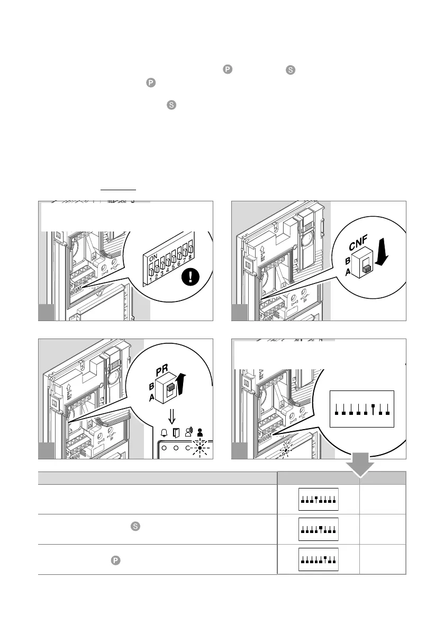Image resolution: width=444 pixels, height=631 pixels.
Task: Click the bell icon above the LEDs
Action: click(164, 433)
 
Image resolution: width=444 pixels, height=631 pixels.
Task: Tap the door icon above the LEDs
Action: click(176, 433)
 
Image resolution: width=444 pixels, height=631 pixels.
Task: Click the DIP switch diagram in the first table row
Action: click(319, 499)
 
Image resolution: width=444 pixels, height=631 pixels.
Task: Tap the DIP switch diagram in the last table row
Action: click(319, 559)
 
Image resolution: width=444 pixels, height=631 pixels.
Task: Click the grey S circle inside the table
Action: click(135, 526)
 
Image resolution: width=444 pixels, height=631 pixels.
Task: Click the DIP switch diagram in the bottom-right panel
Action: click(362, 408)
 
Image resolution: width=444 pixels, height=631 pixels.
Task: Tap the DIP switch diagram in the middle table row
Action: click(319, 529)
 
